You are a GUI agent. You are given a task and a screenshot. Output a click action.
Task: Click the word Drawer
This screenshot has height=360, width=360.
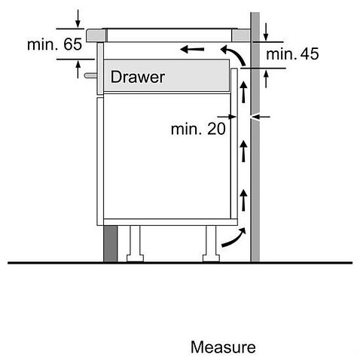tap(138, 77)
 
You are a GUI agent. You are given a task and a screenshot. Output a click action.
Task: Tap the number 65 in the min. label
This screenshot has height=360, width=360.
tap(72, 44)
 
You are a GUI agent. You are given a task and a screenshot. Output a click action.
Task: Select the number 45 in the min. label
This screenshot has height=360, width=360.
tap(310, 53)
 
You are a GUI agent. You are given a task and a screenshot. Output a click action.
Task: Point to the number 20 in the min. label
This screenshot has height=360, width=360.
tap(216, 129)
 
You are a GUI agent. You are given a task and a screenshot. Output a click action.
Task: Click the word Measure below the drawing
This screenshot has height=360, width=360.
tap(223, 347)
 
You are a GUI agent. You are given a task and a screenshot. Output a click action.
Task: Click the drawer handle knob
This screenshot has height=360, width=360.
tap(90, 75)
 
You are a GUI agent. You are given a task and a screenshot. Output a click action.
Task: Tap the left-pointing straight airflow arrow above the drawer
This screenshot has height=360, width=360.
tap(192, 49)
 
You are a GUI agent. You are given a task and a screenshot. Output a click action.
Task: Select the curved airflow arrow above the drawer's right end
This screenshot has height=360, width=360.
tap(235, 54)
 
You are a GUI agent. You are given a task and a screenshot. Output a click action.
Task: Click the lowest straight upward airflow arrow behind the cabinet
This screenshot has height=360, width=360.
tap(243, 200)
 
